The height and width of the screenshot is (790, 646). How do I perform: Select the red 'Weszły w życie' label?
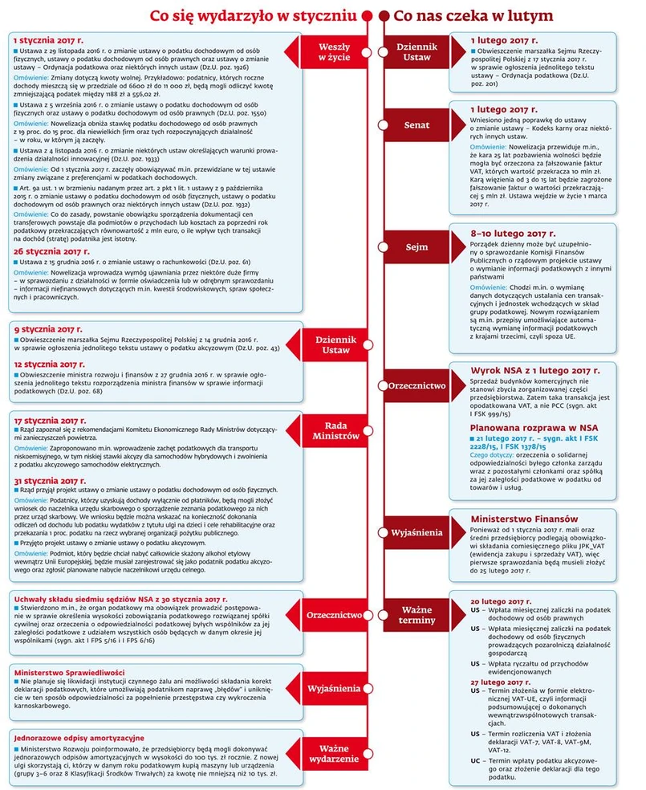tap(334, 52)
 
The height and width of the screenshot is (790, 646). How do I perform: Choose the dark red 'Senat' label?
tap(417, 124)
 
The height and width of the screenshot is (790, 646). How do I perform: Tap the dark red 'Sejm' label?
tap(417, 247)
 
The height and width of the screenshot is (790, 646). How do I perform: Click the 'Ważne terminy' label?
tap(417, 615)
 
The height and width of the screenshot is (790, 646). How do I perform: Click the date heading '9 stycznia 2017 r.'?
tap(47, 329)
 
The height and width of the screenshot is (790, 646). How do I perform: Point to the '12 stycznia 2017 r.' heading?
tap(49, 363)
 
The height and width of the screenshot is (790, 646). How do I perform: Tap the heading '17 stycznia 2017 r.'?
tap(49, 420)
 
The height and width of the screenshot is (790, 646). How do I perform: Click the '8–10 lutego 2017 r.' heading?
tap(513, 232)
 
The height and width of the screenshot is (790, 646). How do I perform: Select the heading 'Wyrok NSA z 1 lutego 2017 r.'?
tap(534, 370)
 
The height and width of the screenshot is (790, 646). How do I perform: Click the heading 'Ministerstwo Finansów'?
tap(524, 519)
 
